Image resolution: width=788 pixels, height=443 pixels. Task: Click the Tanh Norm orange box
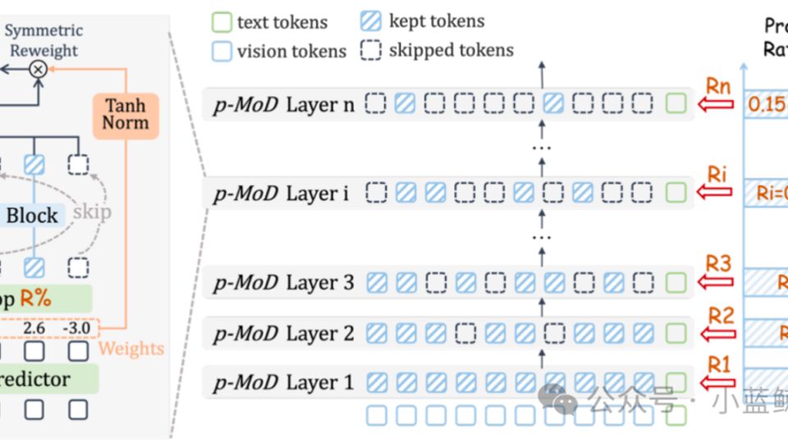point(126,115)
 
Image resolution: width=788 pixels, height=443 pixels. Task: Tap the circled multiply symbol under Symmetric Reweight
point(38,70)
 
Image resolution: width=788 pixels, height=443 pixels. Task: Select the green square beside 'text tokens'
point(222,22)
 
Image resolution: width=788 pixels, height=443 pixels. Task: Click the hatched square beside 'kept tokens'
point(371,22)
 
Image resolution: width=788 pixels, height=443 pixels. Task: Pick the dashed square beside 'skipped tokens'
point(371,50)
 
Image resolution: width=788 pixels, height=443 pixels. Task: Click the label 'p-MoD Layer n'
point(283,105)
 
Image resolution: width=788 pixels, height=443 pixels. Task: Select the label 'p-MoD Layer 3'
point(283,283)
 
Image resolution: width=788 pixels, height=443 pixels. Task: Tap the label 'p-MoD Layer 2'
point(283,334)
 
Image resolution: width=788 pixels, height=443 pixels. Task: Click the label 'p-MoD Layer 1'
point(283,382)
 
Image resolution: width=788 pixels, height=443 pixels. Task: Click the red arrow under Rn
point(714,104)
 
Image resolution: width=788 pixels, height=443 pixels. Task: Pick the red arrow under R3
point(714,282)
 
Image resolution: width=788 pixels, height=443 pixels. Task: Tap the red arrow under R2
point(714,333)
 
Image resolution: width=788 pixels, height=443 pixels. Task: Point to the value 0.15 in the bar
point(766,105)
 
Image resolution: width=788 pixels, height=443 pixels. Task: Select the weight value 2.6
point(34,328)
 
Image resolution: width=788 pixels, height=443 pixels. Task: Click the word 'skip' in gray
point(92,212)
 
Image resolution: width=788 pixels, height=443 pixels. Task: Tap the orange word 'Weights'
point(131,349)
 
